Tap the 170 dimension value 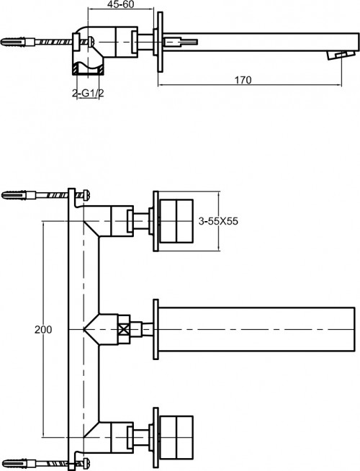[243, 80]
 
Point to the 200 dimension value [43, 329]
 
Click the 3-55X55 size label [217, 222]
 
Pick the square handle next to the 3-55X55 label [176, 222]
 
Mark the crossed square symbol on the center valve [127, 330]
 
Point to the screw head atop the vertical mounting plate [84, 194]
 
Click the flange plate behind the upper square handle [155, 222]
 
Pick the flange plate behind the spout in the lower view [155, 330]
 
